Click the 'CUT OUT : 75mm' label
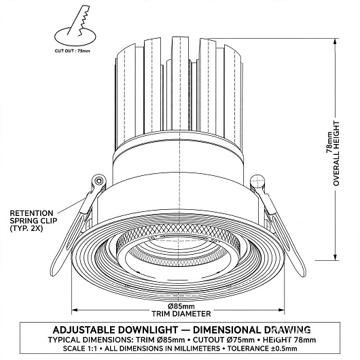(x=72, y=51)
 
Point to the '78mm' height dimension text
(x=329, y=143)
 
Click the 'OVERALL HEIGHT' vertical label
(x=336, y=154)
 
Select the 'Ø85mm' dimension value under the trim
(x=181, y=306)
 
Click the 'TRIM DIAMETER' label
(x=181, y=314)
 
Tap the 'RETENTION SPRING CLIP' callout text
(x=33, y=221)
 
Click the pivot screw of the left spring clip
(x=99, y=181)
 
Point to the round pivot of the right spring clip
(x=257, y=181)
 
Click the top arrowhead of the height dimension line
(x=335, y=41)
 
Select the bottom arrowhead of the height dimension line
(x=335, y=257)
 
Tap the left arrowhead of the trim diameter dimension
(x=75, y=310)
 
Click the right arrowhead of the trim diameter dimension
(x=281, y=310)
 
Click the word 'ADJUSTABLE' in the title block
(x=84, y=330)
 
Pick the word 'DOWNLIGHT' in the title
(x=148, y=330)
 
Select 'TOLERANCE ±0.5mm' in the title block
(x=262, y=348)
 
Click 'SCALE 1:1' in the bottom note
(x=80, y=348)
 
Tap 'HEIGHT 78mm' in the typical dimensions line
(x=289, y=340)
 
